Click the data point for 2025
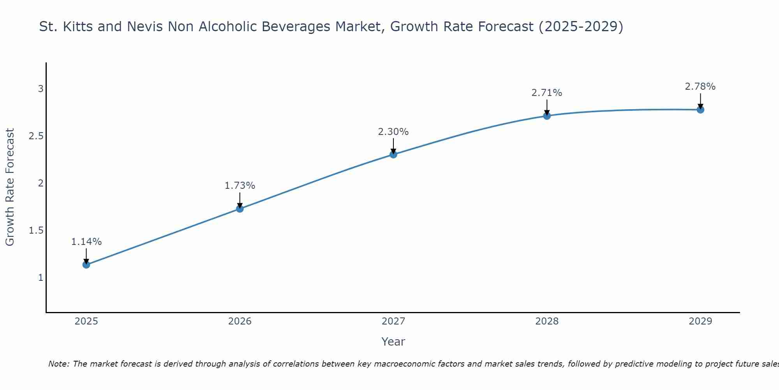click(86, 265)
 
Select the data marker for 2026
click(240, 209)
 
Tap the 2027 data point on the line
click(393, 154)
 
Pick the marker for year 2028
click(547, 116)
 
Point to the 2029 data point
click(700, 110)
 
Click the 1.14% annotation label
click(86, 242)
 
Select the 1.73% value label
click(240, 186)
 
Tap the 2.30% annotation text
click(393, 132)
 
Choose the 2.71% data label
click(547, 93)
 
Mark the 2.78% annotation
click(700, 87)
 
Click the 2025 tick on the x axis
click(86, 321)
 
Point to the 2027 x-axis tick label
click(393, 321)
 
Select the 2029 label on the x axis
click(700, 321)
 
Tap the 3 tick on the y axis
click(41, 89)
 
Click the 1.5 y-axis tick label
click(36, 230)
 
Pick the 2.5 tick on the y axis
click(36, 136)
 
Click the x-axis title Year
click(393, 342)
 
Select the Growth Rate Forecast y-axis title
click(10, 187)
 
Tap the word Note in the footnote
click(58, 364)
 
